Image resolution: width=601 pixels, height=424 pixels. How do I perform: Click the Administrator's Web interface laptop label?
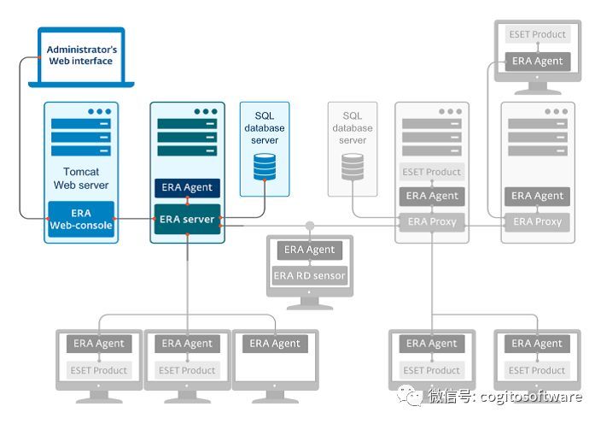click(x=81, y=56)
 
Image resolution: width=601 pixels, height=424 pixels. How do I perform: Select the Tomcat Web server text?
click(x=81, y=178)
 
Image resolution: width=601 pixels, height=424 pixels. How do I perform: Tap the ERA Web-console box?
click(x=81, y=220)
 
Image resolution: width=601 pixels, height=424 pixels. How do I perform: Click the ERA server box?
click(x=187, y=220)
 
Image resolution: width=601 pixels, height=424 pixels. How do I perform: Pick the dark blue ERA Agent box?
click(x=187, y=187)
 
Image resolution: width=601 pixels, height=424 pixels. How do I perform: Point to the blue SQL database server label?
click(x=265, y=128)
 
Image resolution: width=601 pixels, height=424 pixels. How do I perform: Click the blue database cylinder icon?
click(x=265, y=166)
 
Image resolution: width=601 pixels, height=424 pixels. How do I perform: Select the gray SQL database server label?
click(x=353, y=128)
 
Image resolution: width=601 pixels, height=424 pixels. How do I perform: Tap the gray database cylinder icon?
click(x=353, y=166)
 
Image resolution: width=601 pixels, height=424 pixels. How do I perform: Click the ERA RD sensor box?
click(x=309, y=275)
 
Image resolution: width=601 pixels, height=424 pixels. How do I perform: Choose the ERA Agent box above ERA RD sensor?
click(x=309, y=250)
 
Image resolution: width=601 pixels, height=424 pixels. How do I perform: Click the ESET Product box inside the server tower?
click(x=432, y=172)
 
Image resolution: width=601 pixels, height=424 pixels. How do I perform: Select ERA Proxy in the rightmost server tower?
click(x=538, y=221)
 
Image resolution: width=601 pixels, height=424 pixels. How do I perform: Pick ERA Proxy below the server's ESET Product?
click(x=432, y=221)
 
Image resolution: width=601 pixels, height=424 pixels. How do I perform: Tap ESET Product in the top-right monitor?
click(x=538, y=35)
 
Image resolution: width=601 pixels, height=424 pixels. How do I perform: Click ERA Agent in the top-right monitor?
click(x=538, y=61)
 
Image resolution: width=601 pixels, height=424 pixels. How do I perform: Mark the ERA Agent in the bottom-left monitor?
click(x=98, y=344)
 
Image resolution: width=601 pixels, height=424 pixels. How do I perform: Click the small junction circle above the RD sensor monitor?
click(x=309, y=227)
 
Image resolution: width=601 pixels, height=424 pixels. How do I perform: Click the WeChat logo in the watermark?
click(x=412, y=396)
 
